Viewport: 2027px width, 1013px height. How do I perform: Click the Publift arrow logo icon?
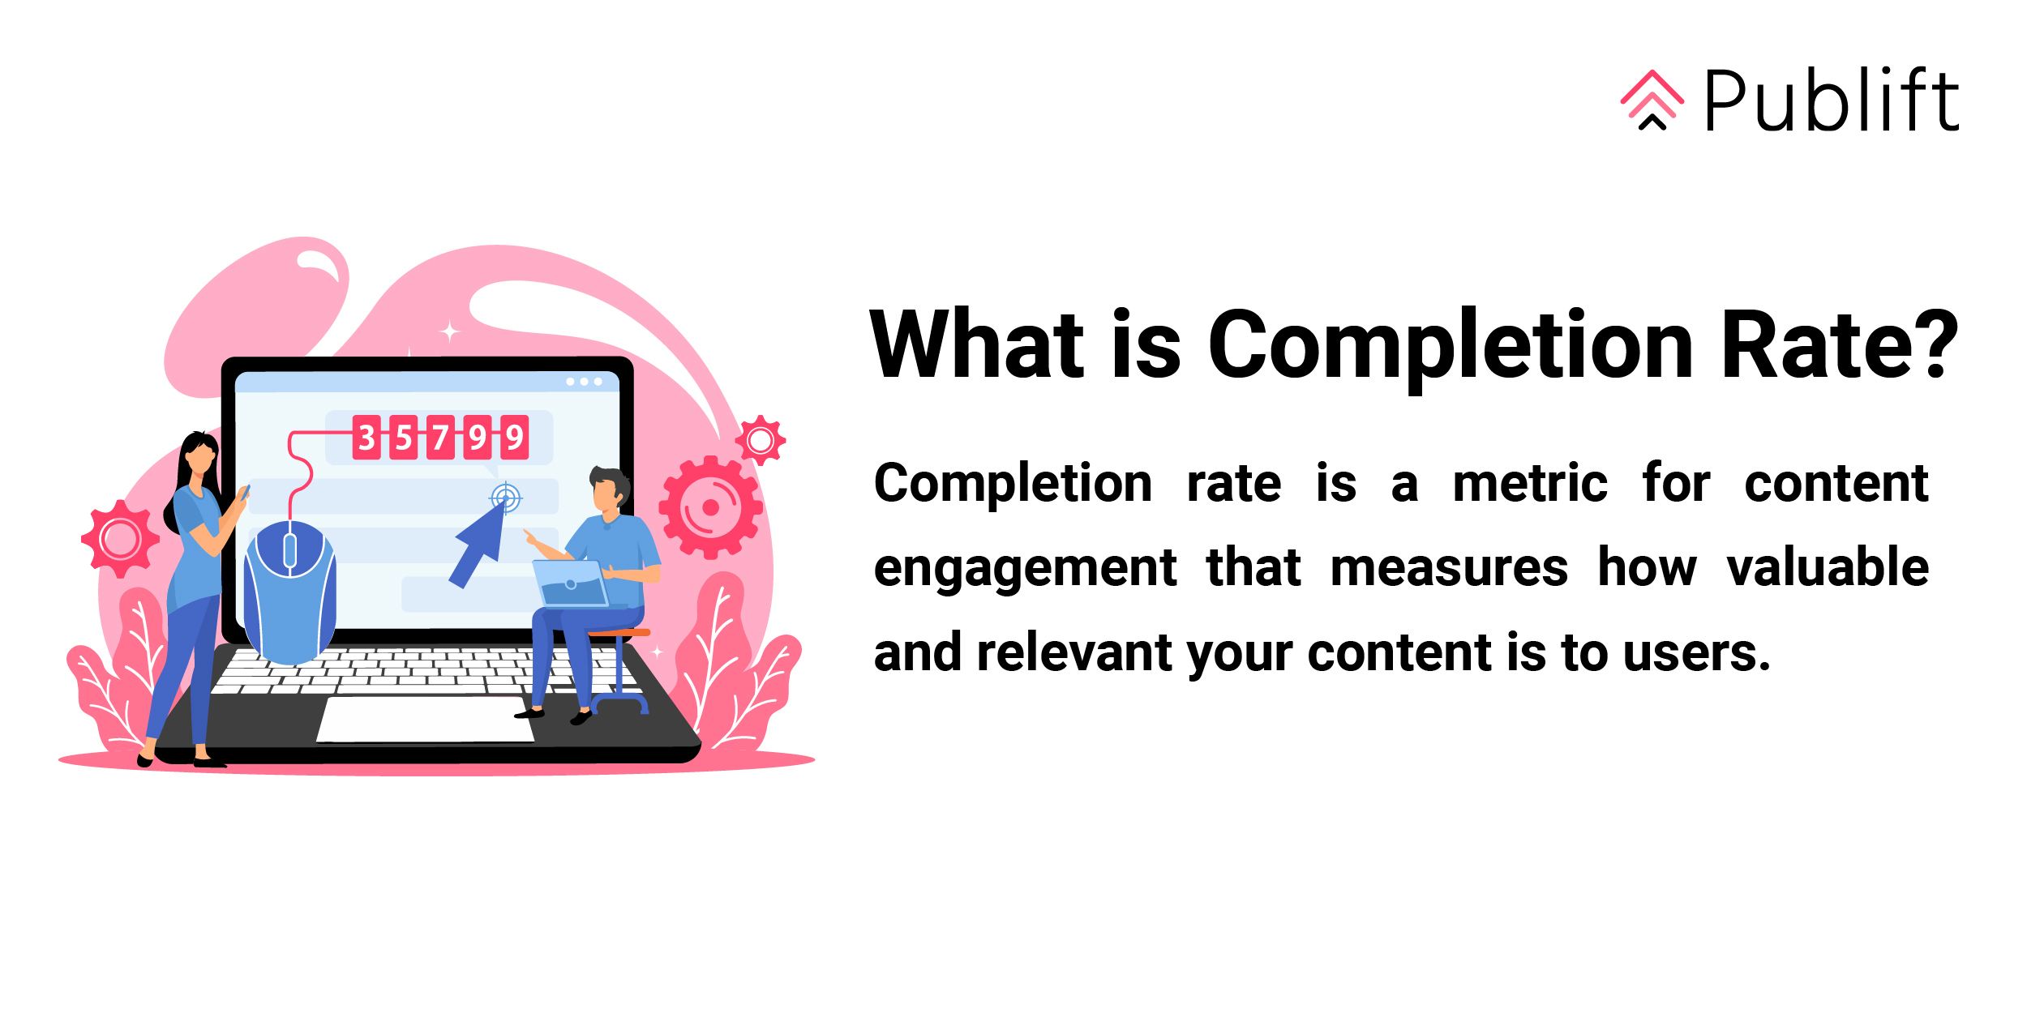(x=1652, y=100)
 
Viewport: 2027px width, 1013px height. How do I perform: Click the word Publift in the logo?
(x=1832, y=100)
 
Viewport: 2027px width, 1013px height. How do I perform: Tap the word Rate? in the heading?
(x=1838, y=345)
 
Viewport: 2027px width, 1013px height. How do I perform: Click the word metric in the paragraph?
(x=1529, y=485)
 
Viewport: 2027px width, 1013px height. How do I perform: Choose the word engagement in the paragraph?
(x=1025, y=569)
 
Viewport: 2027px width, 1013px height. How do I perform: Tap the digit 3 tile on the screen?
(x=366, y=438)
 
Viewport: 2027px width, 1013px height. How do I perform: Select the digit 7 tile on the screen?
(x=440, y=438)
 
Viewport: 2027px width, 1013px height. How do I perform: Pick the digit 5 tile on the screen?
(x=404, y=438)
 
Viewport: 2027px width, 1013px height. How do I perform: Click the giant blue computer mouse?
(x=289, y=592)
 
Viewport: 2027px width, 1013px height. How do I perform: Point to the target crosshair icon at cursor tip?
(x=506, y=497)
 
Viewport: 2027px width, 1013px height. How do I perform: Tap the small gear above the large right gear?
(x=760, y=441)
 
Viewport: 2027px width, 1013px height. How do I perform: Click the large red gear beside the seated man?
(x=710, y=507)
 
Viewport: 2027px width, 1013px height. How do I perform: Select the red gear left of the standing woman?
(x=120, y=539)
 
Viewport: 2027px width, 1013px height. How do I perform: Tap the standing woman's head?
(x=198, y=455)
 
